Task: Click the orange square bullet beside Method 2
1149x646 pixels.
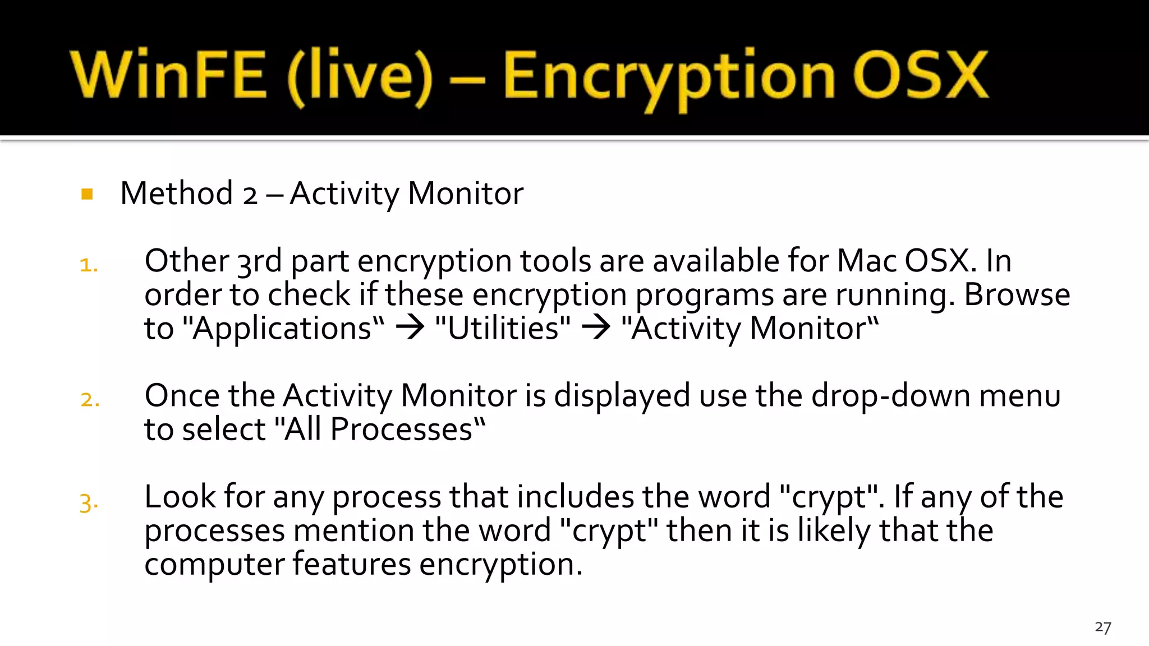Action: (87, 194)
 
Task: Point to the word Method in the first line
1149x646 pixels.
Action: (176, 193)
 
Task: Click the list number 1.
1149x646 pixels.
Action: (89, 265)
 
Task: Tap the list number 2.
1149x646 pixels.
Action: (90, 400)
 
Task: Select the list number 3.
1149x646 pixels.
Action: (89, 502)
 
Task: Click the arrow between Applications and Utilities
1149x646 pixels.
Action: (410, 327)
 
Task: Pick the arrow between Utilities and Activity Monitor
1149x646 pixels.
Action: (596, 327)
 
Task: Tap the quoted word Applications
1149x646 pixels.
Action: (284, 329)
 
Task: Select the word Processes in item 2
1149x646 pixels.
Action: (402, 430)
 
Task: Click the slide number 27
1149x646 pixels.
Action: (1102, 627)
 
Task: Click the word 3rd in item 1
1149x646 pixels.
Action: (259, 261)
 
